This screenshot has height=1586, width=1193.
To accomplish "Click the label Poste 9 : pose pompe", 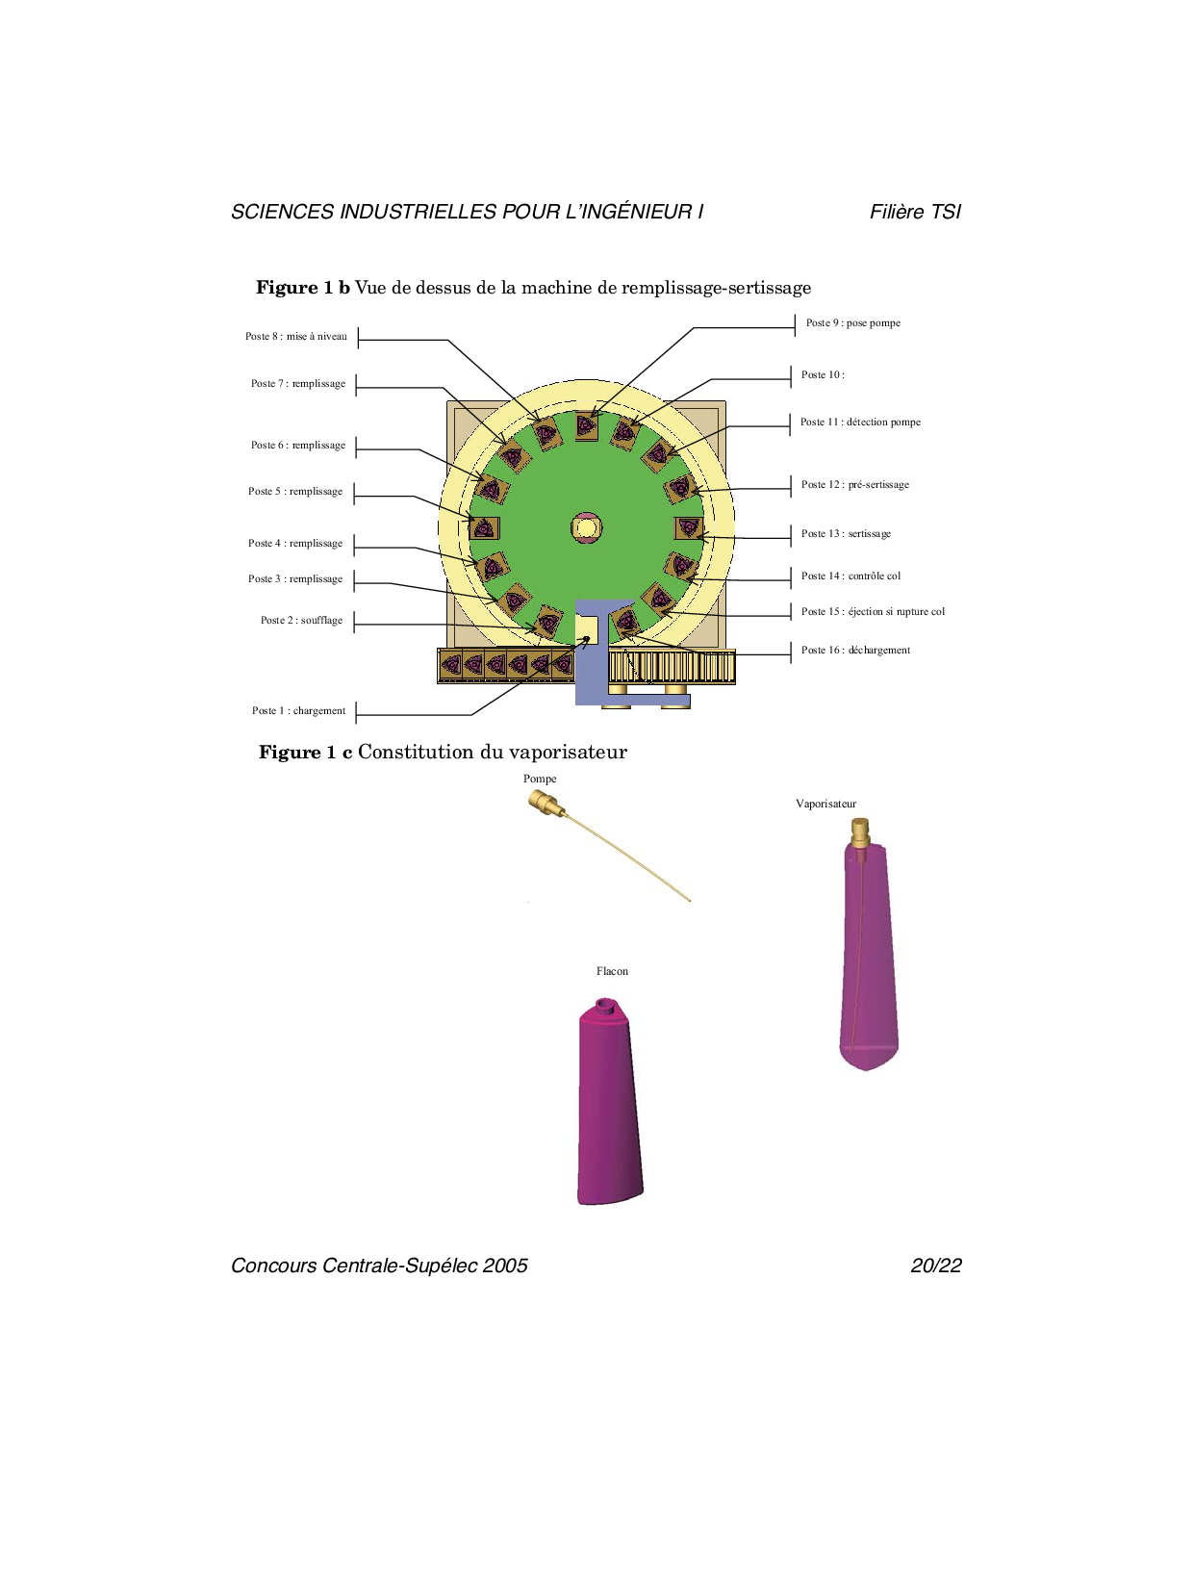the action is click(852, 323).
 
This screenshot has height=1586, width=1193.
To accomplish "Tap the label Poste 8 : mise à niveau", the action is click(296, 336).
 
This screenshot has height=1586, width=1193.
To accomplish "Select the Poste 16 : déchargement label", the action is click(855, 651).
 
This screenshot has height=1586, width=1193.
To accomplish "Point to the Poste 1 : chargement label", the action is click(299, 711).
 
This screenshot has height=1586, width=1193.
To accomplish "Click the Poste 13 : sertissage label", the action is click(846, 534).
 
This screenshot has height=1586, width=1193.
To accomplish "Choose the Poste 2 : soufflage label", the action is click(302, 621).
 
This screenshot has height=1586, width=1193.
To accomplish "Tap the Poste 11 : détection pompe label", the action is click(860, 422).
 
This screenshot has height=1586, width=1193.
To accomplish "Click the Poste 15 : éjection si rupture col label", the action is click(873, 612).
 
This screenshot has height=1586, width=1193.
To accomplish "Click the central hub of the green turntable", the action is click(586, 527).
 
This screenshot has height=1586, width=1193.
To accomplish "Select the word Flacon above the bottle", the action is click(613, 972).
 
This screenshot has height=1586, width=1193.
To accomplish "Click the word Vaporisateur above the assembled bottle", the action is click(826, 805).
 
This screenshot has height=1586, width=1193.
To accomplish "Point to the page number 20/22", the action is click(936, 1266).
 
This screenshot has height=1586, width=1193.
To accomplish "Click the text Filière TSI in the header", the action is click(915, 212).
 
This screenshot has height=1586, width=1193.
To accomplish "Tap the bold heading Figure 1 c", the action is click(306, 753).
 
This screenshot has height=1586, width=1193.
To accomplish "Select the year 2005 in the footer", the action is click(505, 1266).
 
